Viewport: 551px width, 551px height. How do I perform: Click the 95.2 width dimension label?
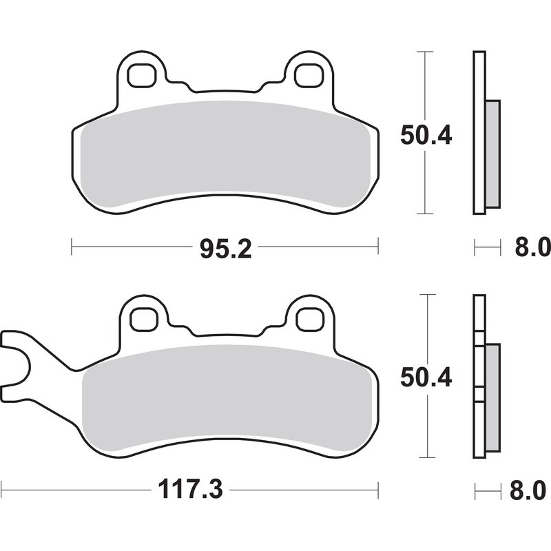pos(225,247)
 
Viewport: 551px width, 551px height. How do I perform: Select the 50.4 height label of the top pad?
pos(426,136)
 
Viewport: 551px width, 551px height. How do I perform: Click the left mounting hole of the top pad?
pos(142,75)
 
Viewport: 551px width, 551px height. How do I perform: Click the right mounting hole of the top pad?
pos(308,75)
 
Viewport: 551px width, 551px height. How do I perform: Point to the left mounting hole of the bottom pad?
pos(143,319)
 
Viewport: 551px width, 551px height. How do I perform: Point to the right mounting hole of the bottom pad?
pos(309,319)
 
